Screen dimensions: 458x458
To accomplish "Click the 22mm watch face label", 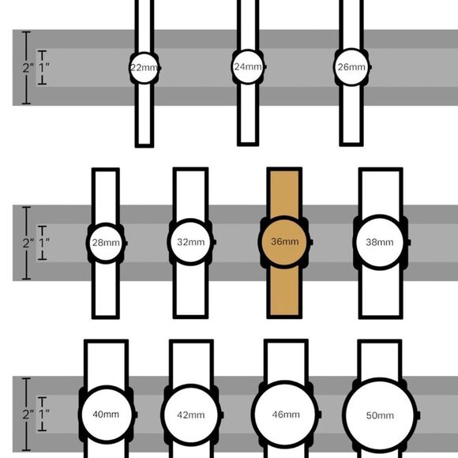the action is coord(144,68).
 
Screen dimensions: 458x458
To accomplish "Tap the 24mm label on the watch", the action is coord(248,67).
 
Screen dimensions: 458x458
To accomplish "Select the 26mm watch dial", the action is coord(351,67).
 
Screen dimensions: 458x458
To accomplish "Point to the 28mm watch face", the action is coord(106,243).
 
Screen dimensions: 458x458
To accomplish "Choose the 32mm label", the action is coord(191,242).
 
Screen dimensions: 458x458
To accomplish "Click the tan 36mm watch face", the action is coord(284,242).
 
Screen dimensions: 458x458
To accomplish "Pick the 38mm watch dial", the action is coord(379,242).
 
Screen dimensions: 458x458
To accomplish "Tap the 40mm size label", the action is coord(106,415).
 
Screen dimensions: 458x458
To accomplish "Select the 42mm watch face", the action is coord(191,415).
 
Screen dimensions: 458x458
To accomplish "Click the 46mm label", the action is coord(286,415).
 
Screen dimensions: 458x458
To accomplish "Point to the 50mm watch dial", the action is coord(379,415).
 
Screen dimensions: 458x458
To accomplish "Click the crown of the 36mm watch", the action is coord(311,242).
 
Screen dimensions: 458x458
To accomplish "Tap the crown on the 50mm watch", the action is coord(419,415).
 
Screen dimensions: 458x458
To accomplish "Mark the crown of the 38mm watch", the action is coord(409,242).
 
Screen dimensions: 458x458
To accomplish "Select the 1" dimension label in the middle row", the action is coord(43,242).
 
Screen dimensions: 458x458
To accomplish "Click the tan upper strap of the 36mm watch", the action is coord(284,192).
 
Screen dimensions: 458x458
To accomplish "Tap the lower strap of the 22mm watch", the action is coord(145,114).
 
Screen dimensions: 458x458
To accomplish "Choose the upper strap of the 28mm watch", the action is coord(106,197).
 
